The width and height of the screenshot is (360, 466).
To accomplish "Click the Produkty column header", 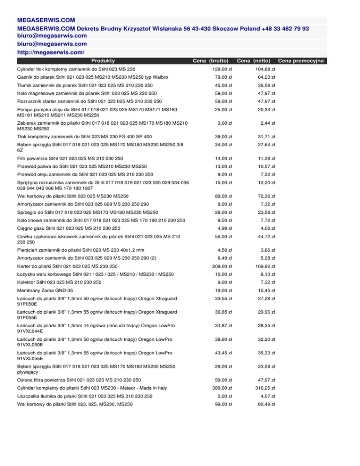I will [104, 60].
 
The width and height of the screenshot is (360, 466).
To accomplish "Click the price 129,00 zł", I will [220, 69].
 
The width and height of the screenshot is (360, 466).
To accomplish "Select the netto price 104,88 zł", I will [264, 69].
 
